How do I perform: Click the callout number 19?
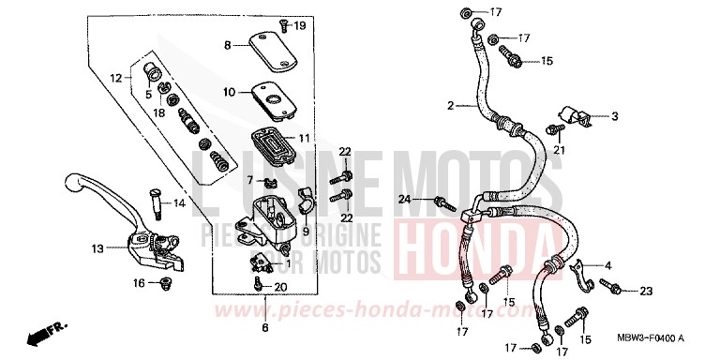coord(300,26)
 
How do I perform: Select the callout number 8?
coord(227,45)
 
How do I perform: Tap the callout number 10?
coord(228,92)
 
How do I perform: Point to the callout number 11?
coord(304,138)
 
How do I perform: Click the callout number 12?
coord(115,78)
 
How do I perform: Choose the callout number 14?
coord(179,202)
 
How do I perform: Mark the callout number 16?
coord(139,282)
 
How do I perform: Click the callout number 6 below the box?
coord(265,327)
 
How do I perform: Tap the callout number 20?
coord(281,288)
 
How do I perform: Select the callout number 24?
coord(404,199)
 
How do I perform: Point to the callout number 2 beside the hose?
coord(450,106)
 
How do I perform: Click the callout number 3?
coord(615,117)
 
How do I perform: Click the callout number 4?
coord(607,239)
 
